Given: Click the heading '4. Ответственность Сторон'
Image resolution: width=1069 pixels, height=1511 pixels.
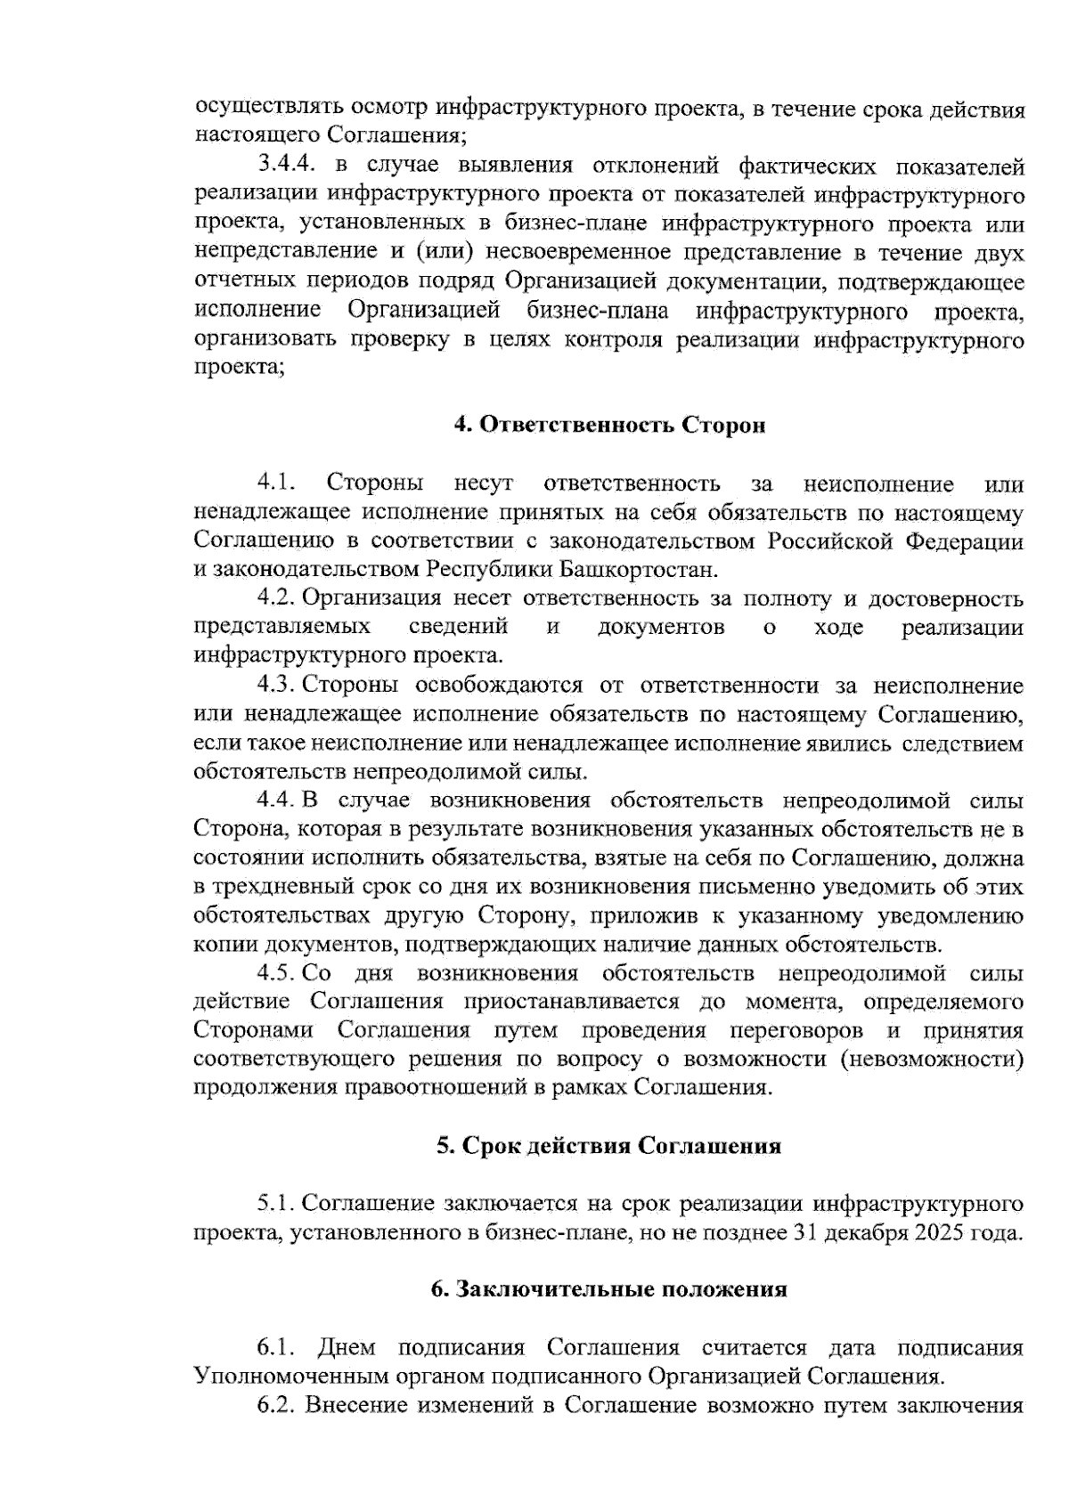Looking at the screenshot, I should [610, 426].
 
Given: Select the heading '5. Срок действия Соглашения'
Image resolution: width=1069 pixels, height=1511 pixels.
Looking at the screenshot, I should [608, 1146].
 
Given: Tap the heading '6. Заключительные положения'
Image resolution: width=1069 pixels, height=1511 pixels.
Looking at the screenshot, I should [609, 1289].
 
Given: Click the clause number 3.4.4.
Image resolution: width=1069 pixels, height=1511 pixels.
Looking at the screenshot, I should [284, 167].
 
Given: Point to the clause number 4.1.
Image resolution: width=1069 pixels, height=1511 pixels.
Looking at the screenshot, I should [276, 483].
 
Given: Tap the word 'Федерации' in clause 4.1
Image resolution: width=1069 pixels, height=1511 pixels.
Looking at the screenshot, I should [965, 541].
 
